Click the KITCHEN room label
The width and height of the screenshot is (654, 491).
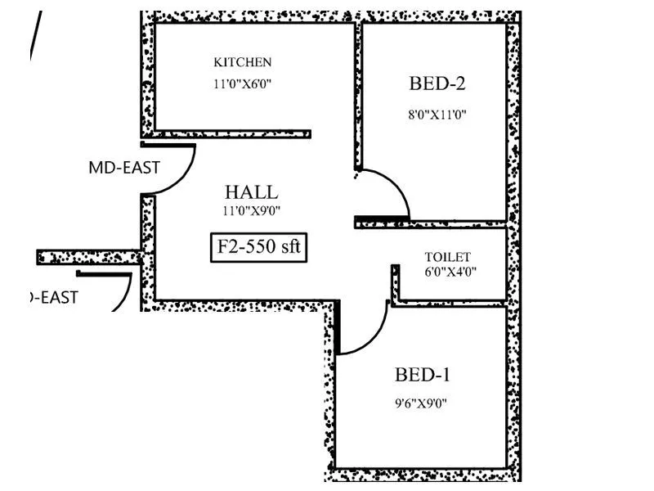(243, 62)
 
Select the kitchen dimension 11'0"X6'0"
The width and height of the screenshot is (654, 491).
(243, 83)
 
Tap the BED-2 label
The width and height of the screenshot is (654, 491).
(437, 83)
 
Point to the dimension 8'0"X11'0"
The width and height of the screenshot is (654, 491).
(437, 115)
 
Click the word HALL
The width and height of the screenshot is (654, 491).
(251, 192)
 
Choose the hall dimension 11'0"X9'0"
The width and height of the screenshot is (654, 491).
(251, 211)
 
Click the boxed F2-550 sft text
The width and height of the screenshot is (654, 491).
(259, 247)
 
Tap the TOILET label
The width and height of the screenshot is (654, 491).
(447, 257)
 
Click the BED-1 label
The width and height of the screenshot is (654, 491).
(423, 376)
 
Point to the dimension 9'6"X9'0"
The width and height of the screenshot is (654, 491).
(423, 403)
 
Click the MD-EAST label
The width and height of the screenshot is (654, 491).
(124, 169)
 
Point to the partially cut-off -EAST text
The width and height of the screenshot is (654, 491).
(54, 298)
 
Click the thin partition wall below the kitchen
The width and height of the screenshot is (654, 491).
(233, 133)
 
